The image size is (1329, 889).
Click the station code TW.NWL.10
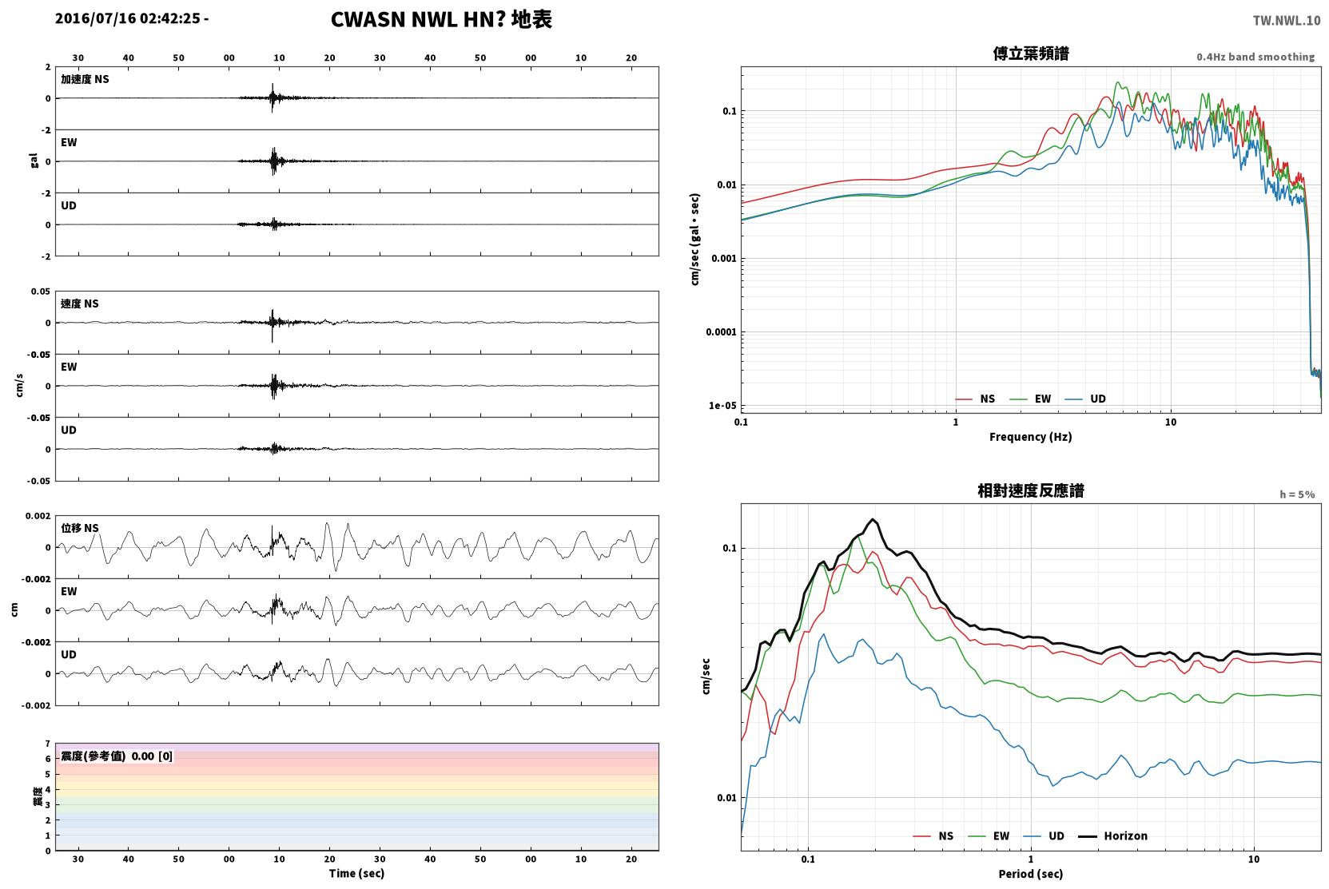click(1287, 21)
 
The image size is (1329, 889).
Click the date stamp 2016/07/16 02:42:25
click(128, 18)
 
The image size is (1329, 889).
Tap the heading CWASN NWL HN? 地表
click(441, 20)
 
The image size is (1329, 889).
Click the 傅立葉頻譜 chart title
click(1031, 54)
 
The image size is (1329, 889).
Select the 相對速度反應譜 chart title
click(1031, 491)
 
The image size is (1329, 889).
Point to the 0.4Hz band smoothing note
click(1255, 57)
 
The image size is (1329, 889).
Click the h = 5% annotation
click(1297, 494)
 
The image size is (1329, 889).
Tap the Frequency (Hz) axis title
click(1031, 437)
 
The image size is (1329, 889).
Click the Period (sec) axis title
click(1031, 874)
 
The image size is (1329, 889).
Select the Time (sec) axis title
click(356, 874)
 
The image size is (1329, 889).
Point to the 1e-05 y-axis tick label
click(722, 406)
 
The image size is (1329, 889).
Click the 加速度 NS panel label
click(85, 79)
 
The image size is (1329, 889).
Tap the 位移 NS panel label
click(79, 529)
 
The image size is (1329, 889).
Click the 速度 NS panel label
click(79, 304)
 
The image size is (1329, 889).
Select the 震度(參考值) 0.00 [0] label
click(117, 756)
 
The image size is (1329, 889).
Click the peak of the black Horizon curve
click(873, 519)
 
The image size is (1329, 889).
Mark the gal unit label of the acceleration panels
click(34, 161)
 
